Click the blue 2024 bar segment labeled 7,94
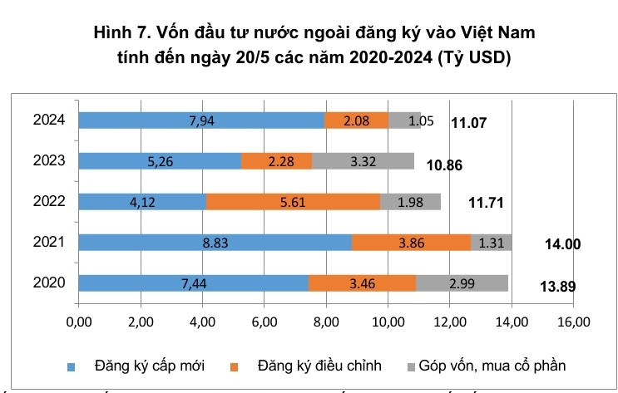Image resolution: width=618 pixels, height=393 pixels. (201, 120)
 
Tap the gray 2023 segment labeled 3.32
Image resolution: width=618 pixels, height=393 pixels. (363, 161)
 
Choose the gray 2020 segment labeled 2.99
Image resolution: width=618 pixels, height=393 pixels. (462, 283)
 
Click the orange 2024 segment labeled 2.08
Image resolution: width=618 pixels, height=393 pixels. (356, 120)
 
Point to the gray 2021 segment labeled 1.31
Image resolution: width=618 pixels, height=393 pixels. (491, 243)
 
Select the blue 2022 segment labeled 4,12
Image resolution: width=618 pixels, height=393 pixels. (142, 202)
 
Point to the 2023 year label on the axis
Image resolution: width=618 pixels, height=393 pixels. (50, 161)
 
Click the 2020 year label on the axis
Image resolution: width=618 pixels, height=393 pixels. (50, 283)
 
